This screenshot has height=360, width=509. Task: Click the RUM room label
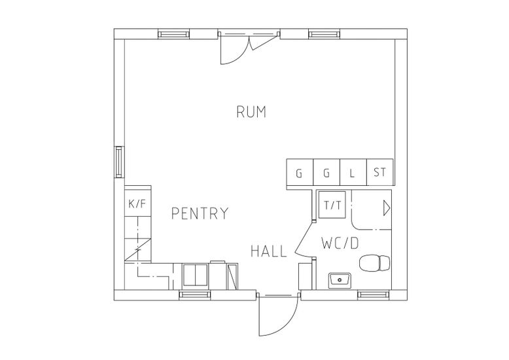coord(251,112)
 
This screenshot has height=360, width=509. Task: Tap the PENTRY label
coord(200,213)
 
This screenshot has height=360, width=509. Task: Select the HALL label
coord(269,251)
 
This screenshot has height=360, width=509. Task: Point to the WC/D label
coord(340,243)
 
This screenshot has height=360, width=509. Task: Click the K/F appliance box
coord(137,204)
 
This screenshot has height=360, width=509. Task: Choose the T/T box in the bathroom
coord(333,205)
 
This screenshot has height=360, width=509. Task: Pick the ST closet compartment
coord(380,173)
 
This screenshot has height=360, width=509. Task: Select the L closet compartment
coord(352,173)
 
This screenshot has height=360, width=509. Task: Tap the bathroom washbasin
coord(340,280)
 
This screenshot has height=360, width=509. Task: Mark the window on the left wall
coord(119,162)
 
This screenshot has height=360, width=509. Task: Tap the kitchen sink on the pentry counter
coord(194,275)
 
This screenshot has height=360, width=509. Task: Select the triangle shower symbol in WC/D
coord(386,209)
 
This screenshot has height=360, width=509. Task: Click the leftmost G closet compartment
coord(300,173)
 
